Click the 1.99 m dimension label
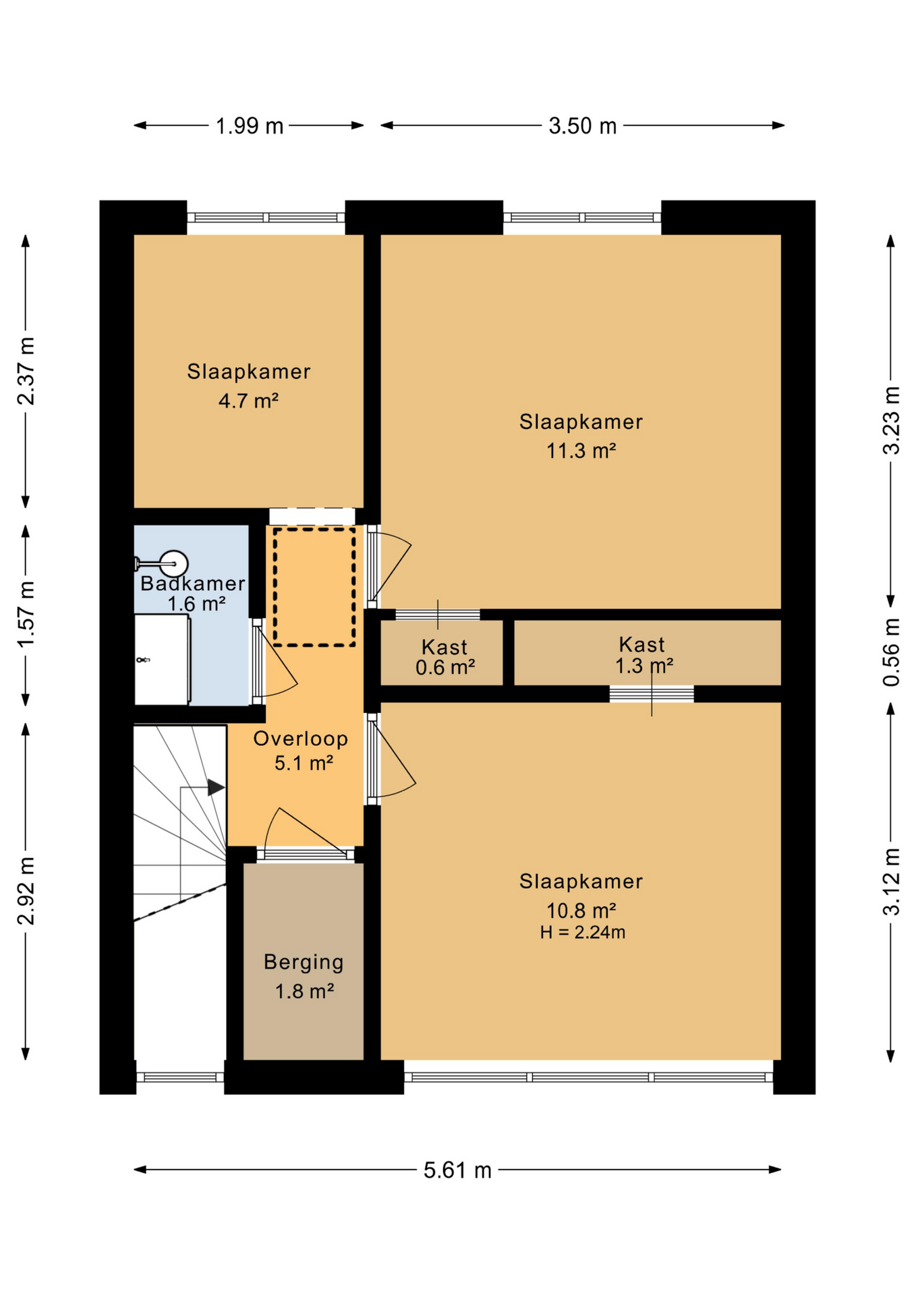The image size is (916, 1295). point(249,126)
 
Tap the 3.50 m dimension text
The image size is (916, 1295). point(582,126)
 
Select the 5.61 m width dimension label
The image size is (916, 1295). point(457,1170)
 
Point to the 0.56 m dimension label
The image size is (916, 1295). point(891,652)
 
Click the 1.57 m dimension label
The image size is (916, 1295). point(26,614)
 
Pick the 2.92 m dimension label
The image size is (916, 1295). point(26,891)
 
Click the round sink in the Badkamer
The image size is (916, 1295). point(173,564)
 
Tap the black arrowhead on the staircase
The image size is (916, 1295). point(216,786)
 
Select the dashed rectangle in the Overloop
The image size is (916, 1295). point(314,587)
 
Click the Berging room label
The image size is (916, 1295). point(304,962)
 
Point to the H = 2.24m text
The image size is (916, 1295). point(582,933)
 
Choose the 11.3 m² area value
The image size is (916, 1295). point(581,451)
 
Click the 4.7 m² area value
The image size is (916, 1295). point(248,401)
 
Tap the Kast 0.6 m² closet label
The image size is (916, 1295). point(445,657)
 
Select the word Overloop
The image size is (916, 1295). point(301,739)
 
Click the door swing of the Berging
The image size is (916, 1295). point(307,829)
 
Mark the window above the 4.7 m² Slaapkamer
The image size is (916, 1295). point(266,218)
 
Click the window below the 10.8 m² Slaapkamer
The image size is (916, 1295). point(589,1077)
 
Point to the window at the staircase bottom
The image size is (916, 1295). point(180,1077)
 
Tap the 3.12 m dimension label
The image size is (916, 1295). point(891,882)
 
